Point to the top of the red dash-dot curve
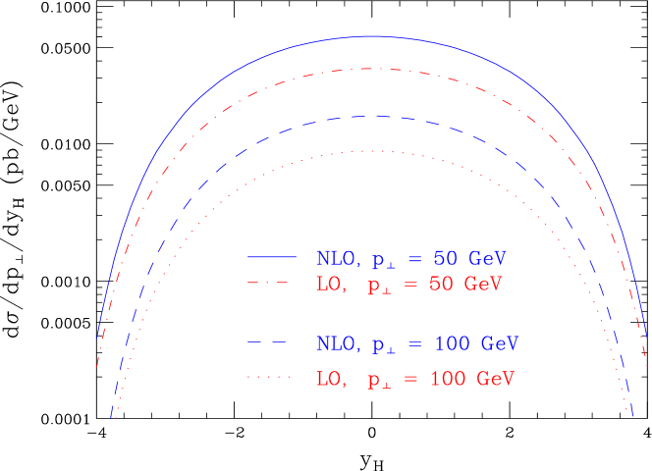pyautogui.click(x=368, y=69)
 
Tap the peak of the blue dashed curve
pyautogui.click(x=367, y=116)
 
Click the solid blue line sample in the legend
pyautogui.click(x=271, y=256)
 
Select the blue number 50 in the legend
pyautogui.click(x=446, y=259)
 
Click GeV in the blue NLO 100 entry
pyautogui.click(x=499, y=344)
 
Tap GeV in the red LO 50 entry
pyautogui.click(x=482, y=285)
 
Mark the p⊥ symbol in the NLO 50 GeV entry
pyautogui.click(x=382, y=261)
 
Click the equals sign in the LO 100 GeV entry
pyautogui.click(x=411, y=379)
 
